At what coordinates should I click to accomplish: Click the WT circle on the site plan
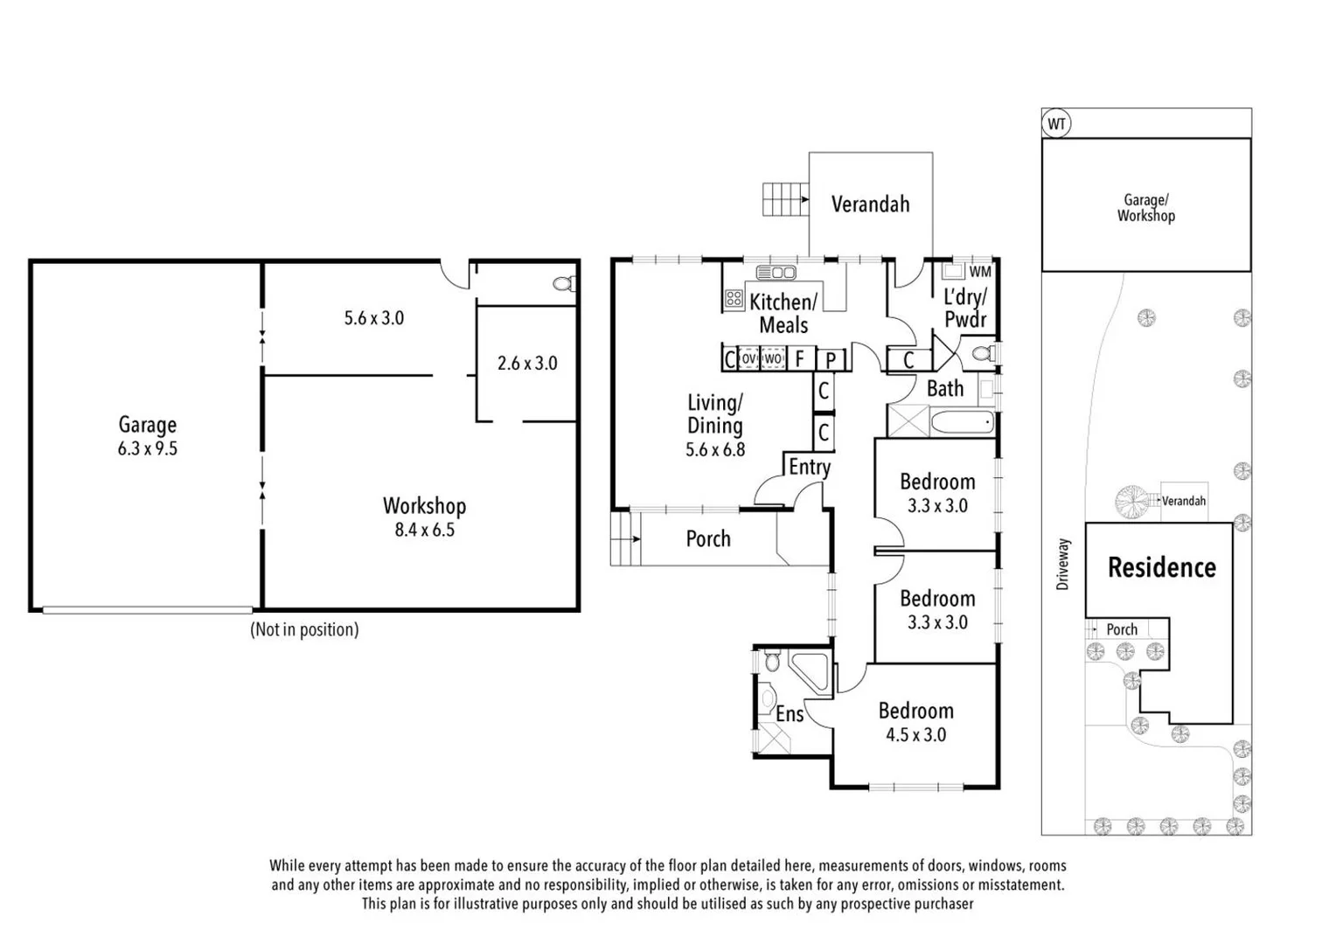coord(1056,123)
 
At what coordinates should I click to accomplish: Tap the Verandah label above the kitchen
coord(870,205)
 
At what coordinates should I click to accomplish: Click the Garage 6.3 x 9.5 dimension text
coord(147,449)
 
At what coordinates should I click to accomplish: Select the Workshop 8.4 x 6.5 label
coord(424,517)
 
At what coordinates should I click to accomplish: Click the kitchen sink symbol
coord(776,273)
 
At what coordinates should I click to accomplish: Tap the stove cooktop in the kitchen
coord(734,300)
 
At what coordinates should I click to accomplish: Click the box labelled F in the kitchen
coord(799,358)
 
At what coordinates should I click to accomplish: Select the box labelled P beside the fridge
coord(831,359)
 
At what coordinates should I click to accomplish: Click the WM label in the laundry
coord(980,272)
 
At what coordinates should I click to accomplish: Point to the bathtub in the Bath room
coord(963,423)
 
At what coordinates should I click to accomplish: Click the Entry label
coord(809,467)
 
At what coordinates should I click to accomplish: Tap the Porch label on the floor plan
coord(707,538)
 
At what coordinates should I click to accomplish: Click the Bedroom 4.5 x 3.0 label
coord(915,722)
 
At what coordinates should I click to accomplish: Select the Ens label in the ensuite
coord(790,714)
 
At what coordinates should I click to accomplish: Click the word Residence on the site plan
coord(1161,568)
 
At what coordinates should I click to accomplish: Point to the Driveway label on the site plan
coord(1062,564)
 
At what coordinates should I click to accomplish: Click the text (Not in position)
coord(304,629)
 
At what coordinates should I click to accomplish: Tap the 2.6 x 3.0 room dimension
coord(527,363)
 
